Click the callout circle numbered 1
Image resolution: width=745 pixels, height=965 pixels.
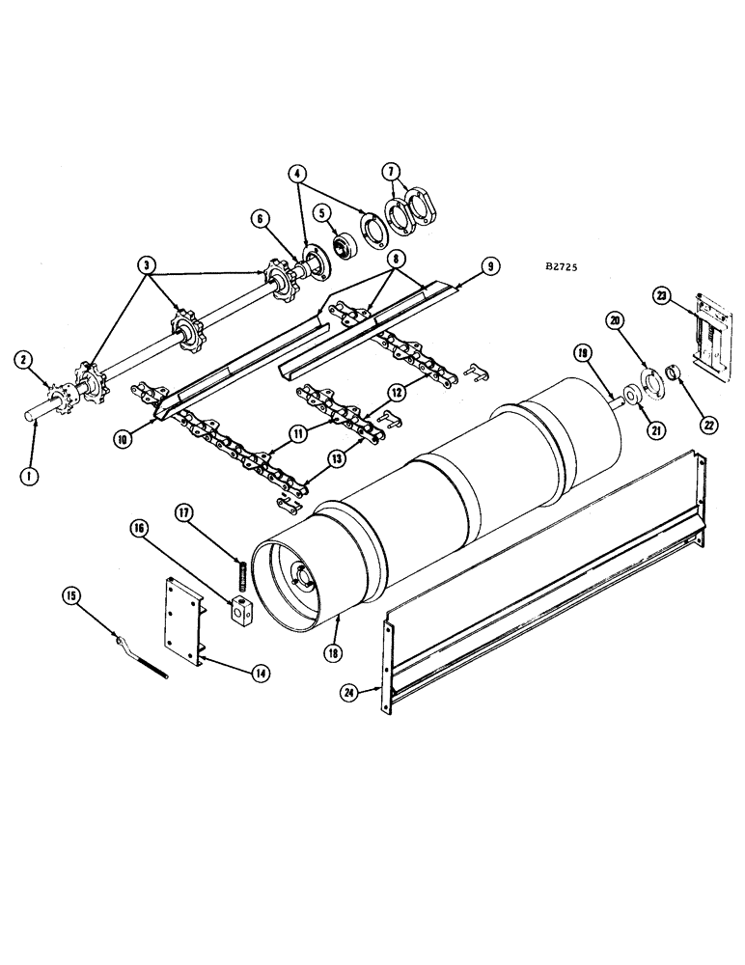(x=32, y=476)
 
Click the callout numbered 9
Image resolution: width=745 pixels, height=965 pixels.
(x=491, y=263)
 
